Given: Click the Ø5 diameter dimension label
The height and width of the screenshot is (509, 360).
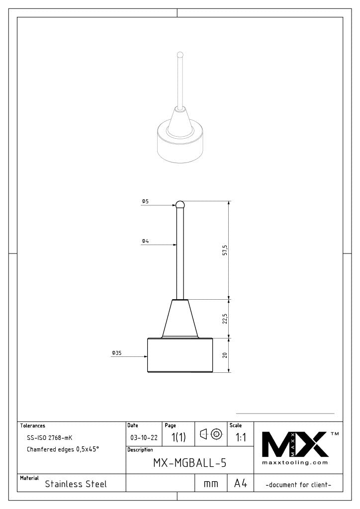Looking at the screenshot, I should [x=145, y=201].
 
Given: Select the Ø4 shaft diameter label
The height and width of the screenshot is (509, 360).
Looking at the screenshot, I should [x=145, y=241].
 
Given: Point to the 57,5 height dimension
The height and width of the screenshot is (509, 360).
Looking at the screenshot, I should [x=225, y=250].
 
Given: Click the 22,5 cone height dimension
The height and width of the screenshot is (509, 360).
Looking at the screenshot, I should [x=225, y=319].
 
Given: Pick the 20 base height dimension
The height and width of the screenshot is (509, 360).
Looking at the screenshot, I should [x=225, y=355].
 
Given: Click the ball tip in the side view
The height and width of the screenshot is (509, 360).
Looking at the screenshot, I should [x=180, y=204].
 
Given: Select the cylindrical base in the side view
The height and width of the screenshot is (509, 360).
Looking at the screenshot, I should [x=180, y=355].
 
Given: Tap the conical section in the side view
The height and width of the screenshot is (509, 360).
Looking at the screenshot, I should [x=180, y=319].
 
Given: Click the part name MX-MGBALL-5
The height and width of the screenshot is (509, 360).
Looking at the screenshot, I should [x=189, y=463].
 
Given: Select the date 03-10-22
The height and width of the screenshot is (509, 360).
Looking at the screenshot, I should [x=144, y=438].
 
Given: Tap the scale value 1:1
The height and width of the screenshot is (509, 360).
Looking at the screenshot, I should [x=241, y=438].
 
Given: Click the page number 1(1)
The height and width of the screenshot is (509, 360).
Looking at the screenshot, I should [x=178, y=438].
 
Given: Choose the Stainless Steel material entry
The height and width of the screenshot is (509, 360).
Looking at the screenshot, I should [x=76, y=484].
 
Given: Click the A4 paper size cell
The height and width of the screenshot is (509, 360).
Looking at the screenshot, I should [x=241, y=483].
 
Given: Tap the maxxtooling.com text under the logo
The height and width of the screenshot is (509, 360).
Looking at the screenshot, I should [x=295, y=463].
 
